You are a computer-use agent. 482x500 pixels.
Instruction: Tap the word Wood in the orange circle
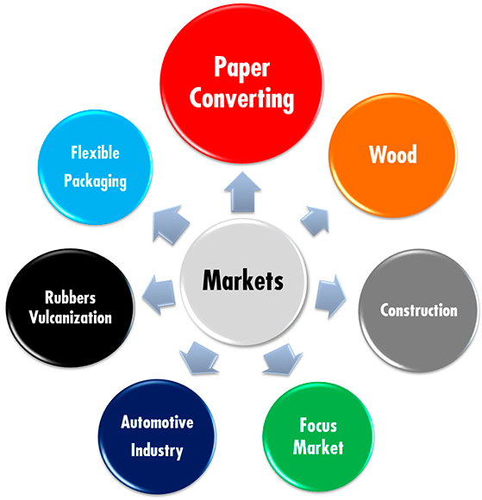[392, 155]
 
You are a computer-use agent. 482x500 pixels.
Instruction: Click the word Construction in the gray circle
[418, 309]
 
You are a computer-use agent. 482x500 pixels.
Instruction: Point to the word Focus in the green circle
[317, 426]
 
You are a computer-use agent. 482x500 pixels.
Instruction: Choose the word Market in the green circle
[317, 447]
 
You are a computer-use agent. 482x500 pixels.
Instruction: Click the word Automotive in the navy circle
[157, 422]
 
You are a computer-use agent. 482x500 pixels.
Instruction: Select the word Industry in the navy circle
[157, 450]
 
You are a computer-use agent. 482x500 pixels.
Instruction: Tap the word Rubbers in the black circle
[72, 297]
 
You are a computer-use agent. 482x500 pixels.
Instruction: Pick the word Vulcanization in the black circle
[72, 317]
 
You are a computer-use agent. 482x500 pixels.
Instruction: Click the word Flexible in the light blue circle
[95, 153]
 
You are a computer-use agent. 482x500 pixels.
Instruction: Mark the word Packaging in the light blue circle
[95, 182]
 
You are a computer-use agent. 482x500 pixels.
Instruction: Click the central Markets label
[242, 280]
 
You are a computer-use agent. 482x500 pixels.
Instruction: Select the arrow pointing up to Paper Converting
[242, 189]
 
